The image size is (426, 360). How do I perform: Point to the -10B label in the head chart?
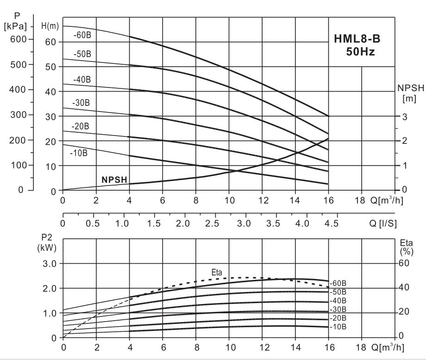coord(79,152)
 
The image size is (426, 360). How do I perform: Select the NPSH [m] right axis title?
coord(407,92)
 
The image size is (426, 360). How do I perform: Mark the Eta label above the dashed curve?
coord(217,273)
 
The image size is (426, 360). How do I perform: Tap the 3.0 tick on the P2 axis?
coord(48,264)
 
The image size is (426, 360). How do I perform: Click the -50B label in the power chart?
coord(338,292)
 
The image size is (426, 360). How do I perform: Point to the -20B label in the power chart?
coord(338,318)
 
